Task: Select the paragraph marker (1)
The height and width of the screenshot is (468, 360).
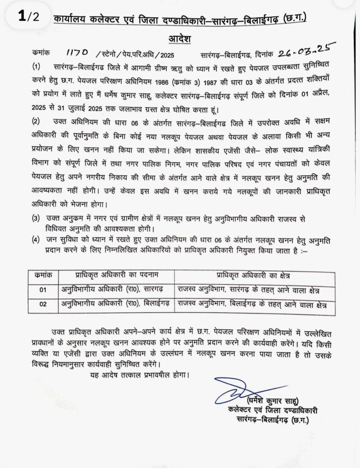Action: tap(37, 67)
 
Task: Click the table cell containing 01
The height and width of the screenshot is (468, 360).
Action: tap(43, 291)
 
